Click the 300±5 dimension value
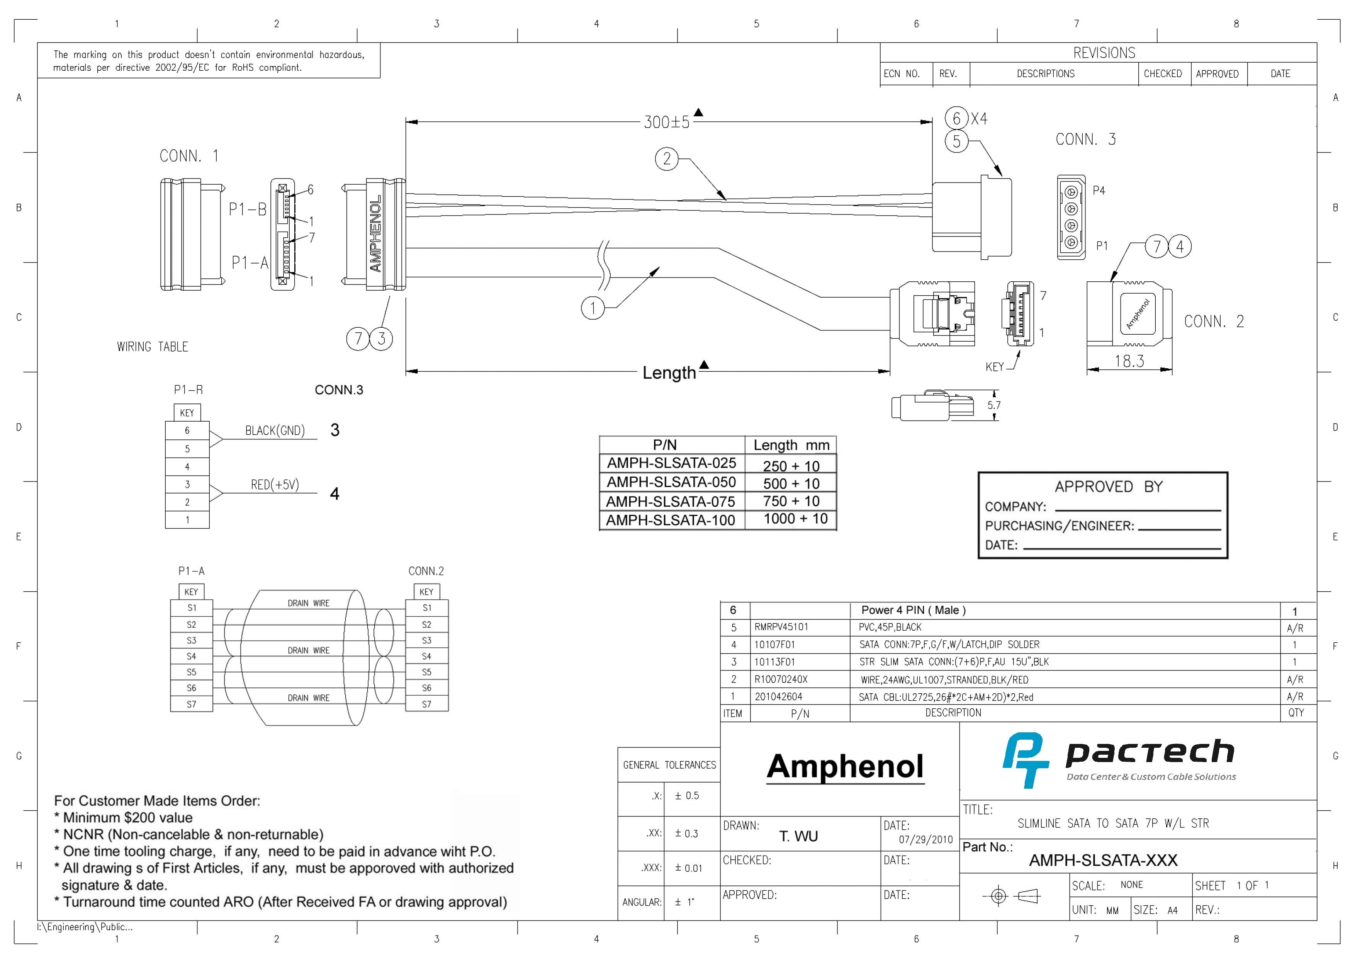click(666, 122)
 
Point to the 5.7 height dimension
click(994, 405)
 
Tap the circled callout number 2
click(667, 159)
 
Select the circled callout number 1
click(593, 308)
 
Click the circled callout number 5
click(957, 141)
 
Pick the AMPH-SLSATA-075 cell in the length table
click(671, 501)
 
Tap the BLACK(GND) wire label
click(275, 430)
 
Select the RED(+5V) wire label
click(275, 485)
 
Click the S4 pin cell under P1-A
click(191, 656)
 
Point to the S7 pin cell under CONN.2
click(427, 704)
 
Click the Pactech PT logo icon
click(1025, 760)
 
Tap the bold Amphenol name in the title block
click(845, 766)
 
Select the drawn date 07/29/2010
click(926, 839)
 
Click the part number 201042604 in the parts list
click(778, 696)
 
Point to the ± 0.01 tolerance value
click(689, 868)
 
